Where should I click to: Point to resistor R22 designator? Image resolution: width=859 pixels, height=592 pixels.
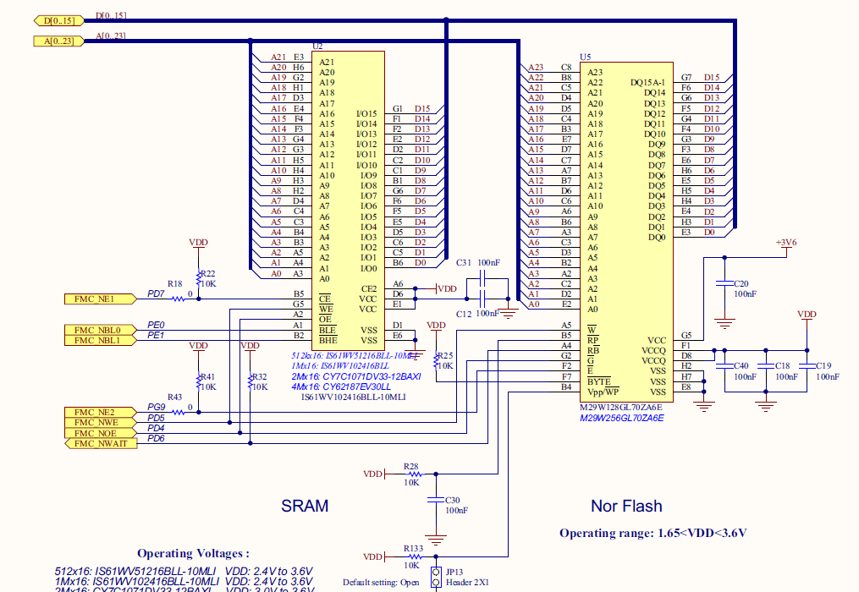(207, 273)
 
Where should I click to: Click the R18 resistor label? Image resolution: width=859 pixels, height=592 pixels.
(175, 284)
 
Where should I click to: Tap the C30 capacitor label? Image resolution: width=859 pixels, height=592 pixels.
(453, 501)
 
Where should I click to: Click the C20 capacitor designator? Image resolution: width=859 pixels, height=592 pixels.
(741, 283)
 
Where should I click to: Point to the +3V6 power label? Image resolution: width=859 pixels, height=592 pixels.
(786, 243)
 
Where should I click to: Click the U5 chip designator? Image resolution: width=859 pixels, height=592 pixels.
(585, 58)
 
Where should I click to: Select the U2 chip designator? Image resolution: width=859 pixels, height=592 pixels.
(318, 47)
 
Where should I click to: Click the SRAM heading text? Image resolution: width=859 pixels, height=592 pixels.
(305, 506)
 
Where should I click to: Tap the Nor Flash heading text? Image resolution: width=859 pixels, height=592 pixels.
(626, 506)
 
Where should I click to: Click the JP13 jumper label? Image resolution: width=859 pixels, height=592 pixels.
(454, 571)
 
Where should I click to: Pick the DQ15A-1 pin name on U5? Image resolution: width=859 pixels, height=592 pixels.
(648, 82)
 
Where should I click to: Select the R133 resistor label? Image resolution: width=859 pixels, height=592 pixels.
(413, 549)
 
